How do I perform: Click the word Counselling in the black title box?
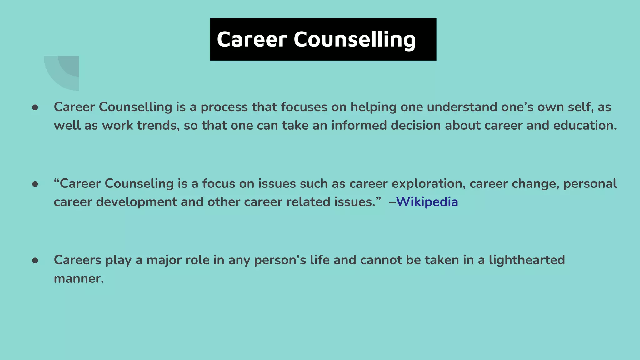pyautogui.click(x=354, y=40)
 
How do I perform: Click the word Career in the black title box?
pyautogui.click(x=252, y=40)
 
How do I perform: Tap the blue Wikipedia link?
pyautogui.click(x=427, y=202)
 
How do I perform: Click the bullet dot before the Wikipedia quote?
pyautogui.click(x=35, y=184)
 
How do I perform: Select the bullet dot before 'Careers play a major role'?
pyautogui.click(x=35, y=261)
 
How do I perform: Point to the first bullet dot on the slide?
pyautogui.click(x=35, y=107)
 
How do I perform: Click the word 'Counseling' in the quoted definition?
pyautogui.click(x=139, y=184)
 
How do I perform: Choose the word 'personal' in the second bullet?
pyautogui.click(x=590, y=184)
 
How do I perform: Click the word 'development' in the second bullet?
pyautogui.click(x=136, y=202)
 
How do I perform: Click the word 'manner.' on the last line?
pyautogui.click(x=79, y=279)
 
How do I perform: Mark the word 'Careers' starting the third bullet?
pyautogui.click(x=77, y=260)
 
